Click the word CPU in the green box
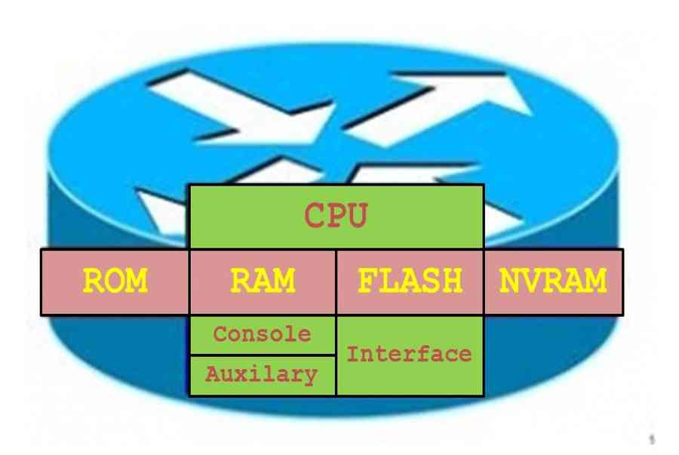point(336,215)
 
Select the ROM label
point(115,281)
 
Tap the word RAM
point(263,281)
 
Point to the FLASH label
point(410,281)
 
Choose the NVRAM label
point(553,281)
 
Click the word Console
point(262,334)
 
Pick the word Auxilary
point(262,374)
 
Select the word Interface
point(409,354)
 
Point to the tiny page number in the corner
point(652,439)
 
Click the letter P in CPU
point(336,215)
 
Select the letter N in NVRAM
point(510,281)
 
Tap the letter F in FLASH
point(367,281)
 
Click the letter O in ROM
point(115,281)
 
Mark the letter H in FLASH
point(452,281)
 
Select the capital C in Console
point(221,334)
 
